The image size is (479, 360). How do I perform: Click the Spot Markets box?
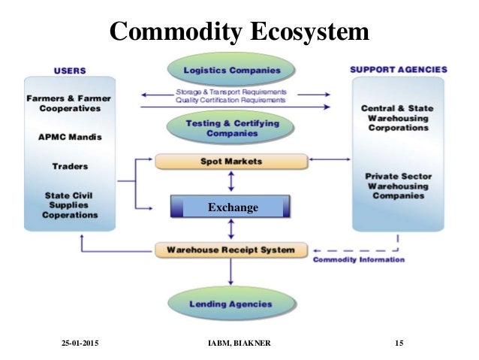pyautogui.click(x=231, y=162)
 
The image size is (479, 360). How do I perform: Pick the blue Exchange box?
pyautogui.click(x=231, y=207)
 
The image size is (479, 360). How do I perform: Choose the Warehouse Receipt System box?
pyautogui.click(x=231, y=250)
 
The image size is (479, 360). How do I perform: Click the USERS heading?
pyautogui.click(x=70, y=71)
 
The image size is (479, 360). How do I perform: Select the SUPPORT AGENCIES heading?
pyautogui.click(x=398, y=69)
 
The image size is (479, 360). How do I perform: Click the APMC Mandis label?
pyautogui.click(x=70, y=138)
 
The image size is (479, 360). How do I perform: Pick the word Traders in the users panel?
pyautogui.click(x=70, y=166)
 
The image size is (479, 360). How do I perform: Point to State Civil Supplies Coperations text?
pyautogui.click(x=70, y=204)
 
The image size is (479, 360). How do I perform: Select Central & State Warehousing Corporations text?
pyautogui.click(x=399, y=118)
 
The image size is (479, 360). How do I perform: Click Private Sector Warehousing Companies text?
pyautogui.click(x=399, y=185)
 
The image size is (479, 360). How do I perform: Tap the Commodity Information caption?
pyautogui.click(x=358, y=261)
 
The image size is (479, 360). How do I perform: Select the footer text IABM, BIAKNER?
pyautogui.click(x=241, y=343)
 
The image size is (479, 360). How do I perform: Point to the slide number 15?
pyautogui.click(x=399, y=343)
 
